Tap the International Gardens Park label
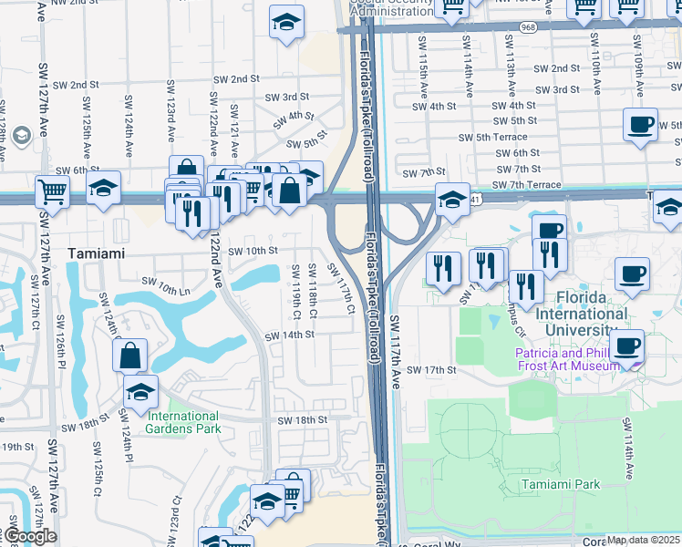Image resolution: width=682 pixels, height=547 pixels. point(182,422)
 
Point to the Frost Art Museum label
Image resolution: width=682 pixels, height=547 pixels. point(566,359)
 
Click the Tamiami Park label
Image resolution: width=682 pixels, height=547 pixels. point(561,484)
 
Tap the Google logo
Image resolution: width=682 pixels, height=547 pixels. point(29,536)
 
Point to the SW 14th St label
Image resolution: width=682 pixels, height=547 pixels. point(290,335)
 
